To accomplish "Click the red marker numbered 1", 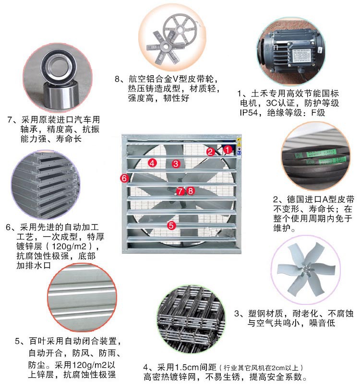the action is coord(228,150).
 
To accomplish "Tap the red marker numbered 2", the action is coord(210,152).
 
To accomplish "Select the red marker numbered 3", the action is coord(176,163).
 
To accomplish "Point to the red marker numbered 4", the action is coord(152,163).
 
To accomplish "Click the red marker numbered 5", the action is coord(171,225).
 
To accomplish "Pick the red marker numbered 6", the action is coord(124,178).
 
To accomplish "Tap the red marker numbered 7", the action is coord(180,191).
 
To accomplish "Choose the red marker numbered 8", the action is coord(191,190).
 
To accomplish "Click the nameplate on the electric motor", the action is coord(301,56).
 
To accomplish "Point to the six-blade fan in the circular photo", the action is coord(306,269).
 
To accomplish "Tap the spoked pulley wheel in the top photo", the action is coord(180,29).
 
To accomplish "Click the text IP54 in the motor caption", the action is coord(249,113).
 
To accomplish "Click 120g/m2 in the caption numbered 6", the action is coord(69,246).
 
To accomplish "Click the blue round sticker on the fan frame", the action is coord(239,153).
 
